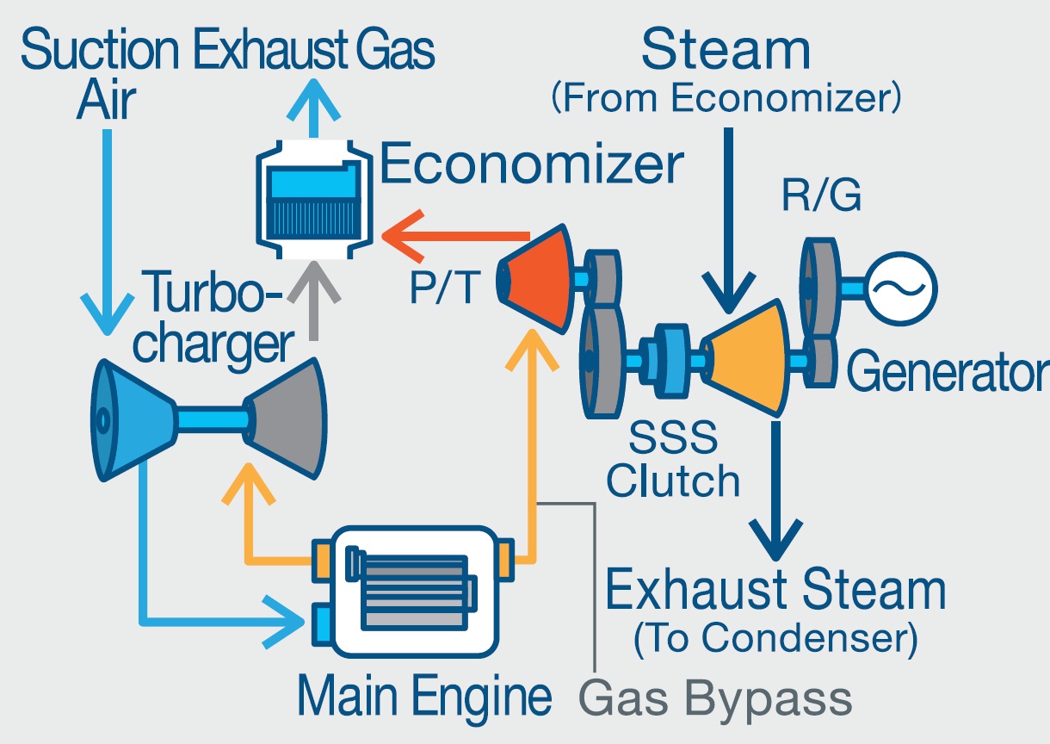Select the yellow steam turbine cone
(x=745, y=358)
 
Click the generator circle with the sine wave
(x=900, y=287)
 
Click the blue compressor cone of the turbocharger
(x=133, y=419)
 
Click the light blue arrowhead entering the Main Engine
(x=288, y=617)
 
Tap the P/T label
(x=442, y=289)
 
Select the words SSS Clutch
(x=672, y=460)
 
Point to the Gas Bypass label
(x=715, y=697)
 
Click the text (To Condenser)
(x=775, y=638)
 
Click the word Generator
(x=947, y=372)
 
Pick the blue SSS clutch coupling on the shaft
(x=671, y=355)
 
